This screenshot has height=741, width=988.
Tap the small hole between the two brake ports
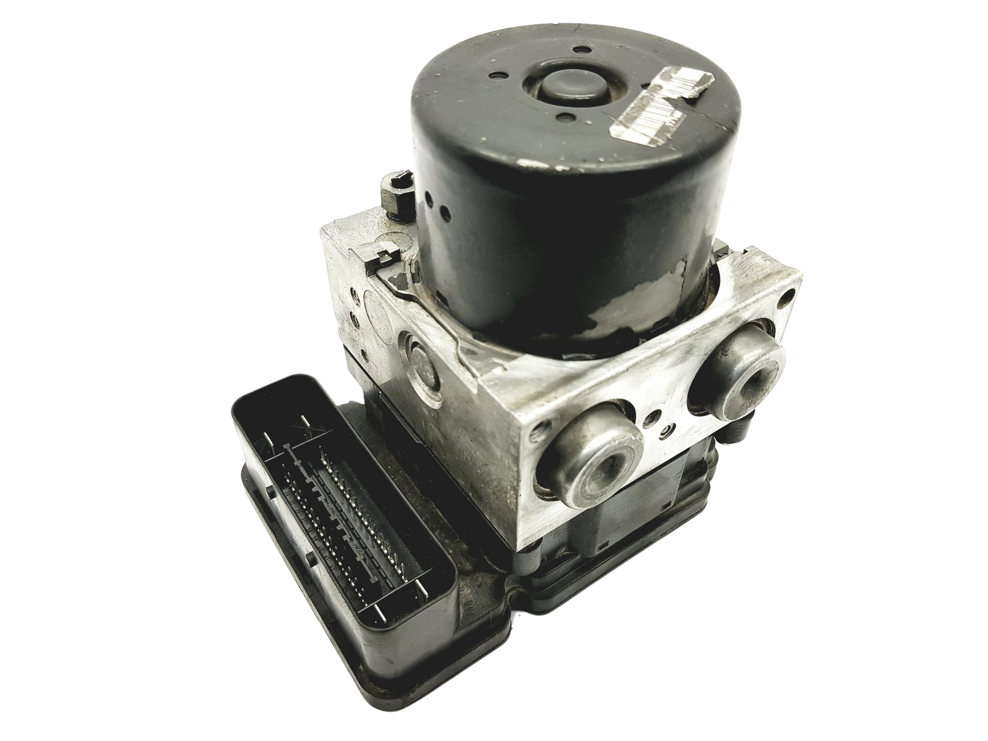(665, 427)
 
